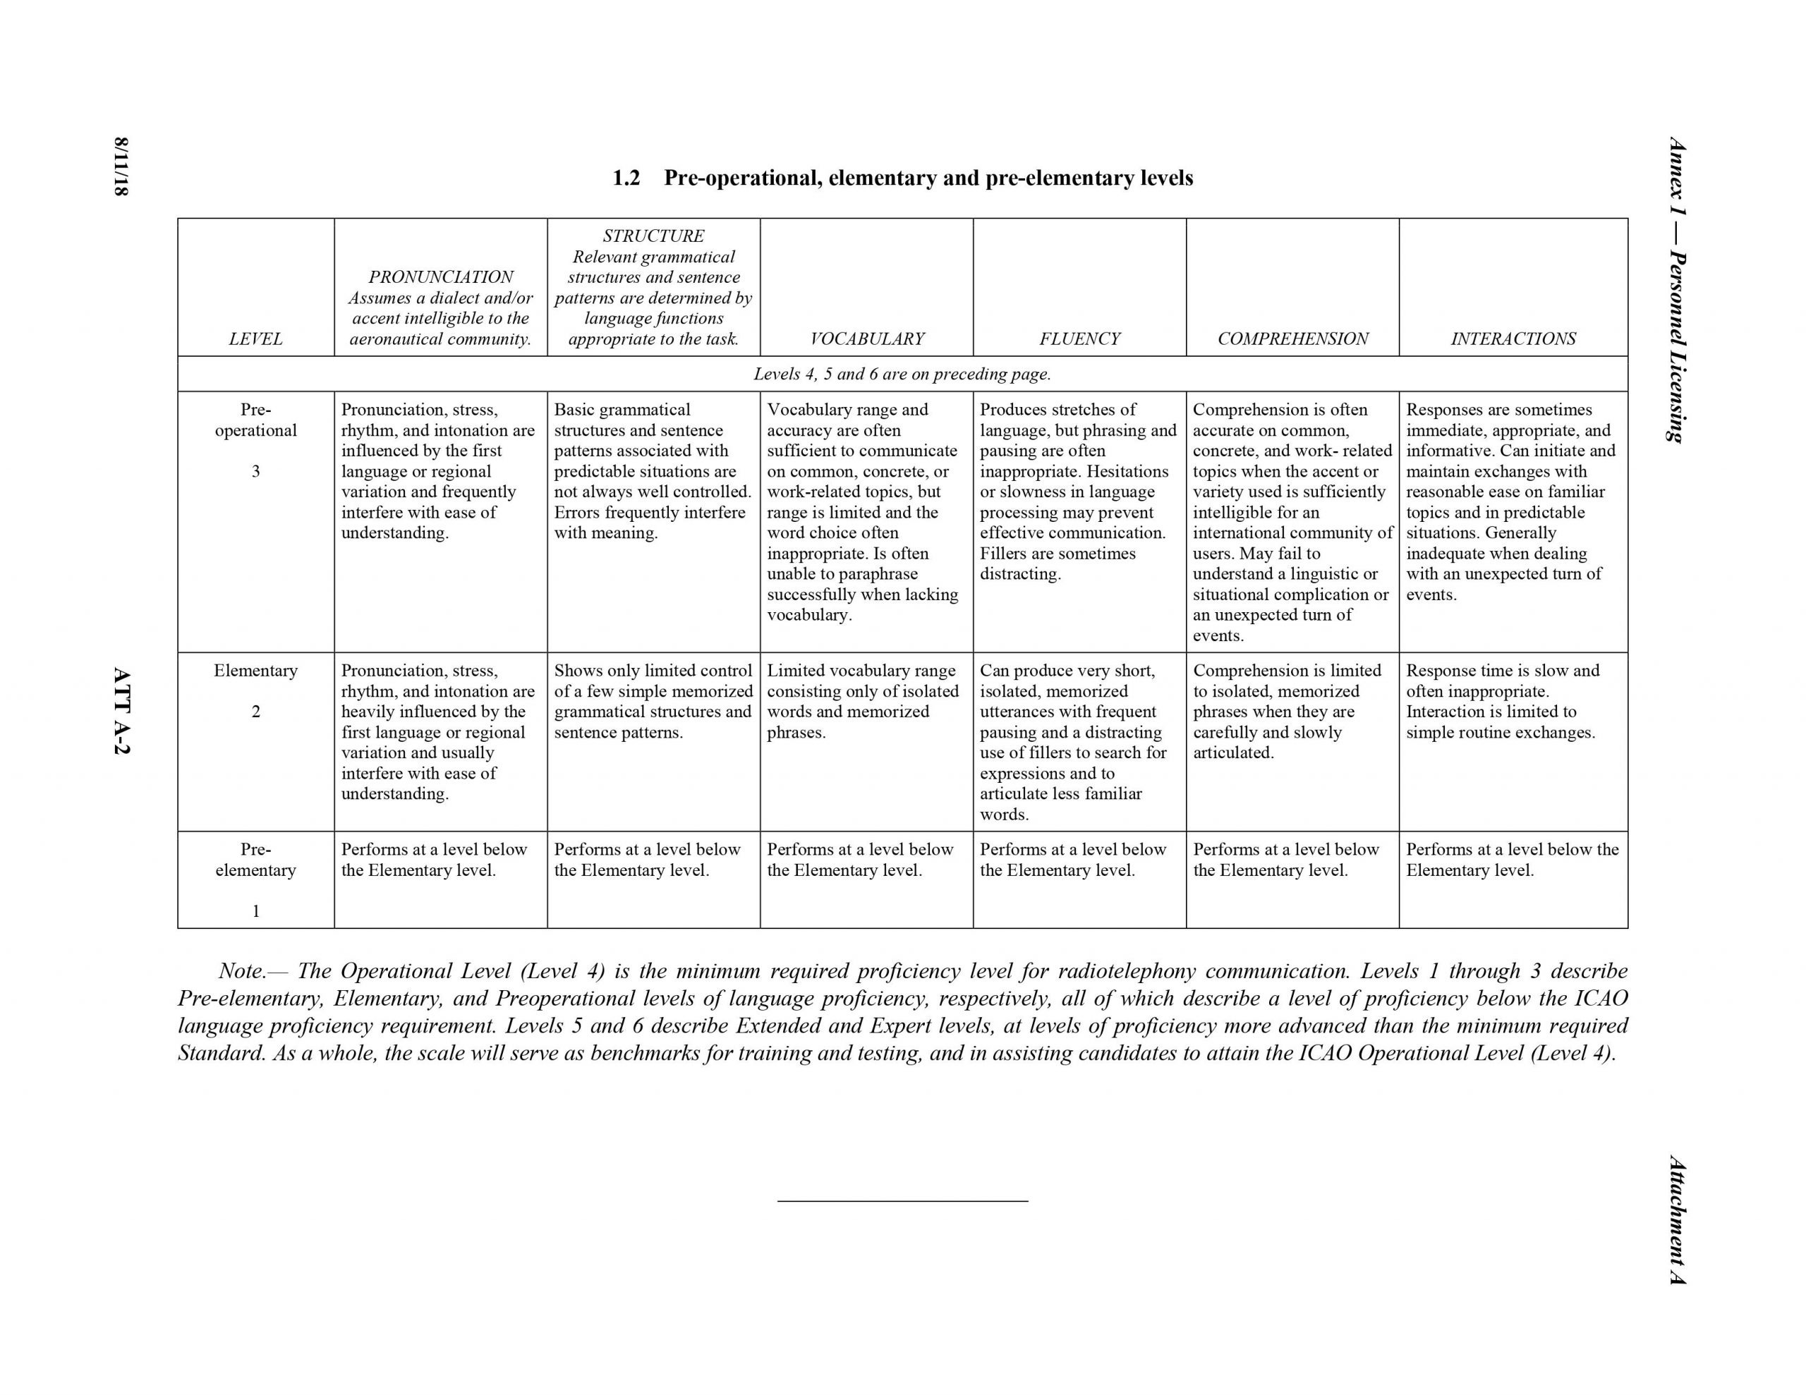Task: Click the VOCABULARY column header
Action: coord(866,339)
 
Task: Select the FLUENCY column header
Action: coord(1079,339)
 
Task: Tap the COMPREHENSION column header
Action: coord(1292,339)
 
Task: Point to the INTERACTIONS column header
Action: coord(1513,339)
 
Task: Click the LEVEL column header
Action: coord(255,339)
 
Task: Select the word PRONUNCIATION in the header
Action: coord(441,277)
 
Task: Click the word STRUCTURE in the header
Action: coord(653,236)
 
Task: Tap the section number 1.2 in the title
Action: coord(626,178)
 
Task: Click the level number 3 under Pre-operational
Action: coord(255,471)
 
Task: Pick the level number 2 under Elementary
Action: coord(255,711)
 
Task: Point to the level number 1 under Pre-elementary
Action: coord(255,910)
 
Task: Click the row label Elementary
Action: coord(255,671)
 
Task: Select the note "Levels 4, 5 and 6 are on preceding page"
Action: coord(902,374)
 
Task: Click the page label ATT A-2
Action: coord(121,711)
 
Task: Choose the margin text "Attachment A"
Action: coord(1677,1219)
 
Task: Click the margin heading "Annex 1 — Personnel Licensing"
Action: coord(1677,289)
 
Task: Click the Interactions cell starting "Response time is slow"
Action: coord(1502,701)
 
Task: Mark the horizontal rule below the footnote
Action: coord(902,1200)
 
